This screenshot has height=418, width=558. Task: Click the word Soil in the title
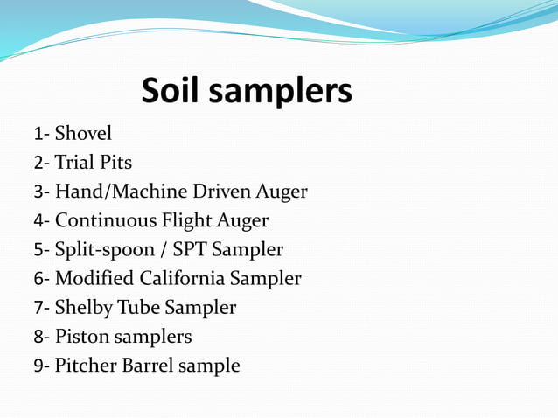click(x=174, y=90)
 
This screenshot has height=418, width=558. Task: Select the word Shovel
click(x=83, y=133)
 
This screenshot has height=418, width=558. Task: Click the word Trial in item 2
click(x=74, y=162)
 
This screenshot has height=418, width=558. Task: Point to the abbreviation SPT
click(x=190, y=249)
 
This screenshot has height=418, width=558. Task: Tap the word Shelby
click(x=81, y=308)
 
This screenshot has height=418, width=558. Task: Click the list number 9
click(x=38, y=366)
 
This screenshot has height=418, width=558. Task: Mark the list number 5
click(x=38, y=250)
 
